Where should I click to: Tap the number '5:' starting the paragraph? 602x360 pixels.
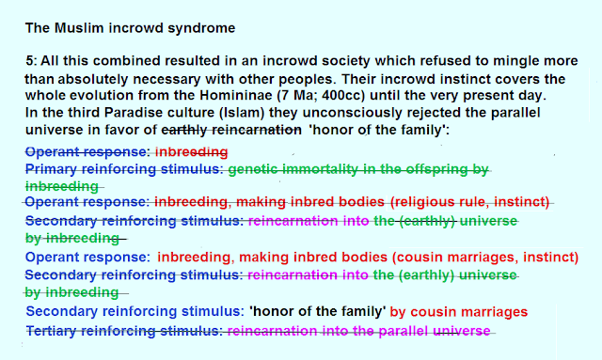[31, 61]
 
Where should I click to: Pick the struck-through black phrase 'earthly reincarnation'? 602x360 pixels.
[231, 130]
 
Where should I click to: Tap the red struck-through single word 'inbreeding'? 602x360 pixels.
[191, 152]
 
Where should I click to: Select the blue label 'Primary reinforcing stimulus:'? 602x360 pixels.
[124, 169]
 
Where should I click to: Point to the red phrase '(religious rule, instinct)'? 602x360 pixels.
[469, 202]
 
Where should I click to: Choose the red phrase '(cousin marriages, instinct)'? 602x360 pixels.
[485, 258]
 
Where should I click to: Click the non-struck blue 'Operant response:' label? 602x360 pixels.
[87, 258]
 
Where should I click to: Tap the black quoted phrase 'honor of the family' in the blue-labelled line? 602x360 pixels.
[318, 311]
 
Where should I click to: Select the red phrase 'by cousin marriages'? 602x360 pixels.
[459, 312]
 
